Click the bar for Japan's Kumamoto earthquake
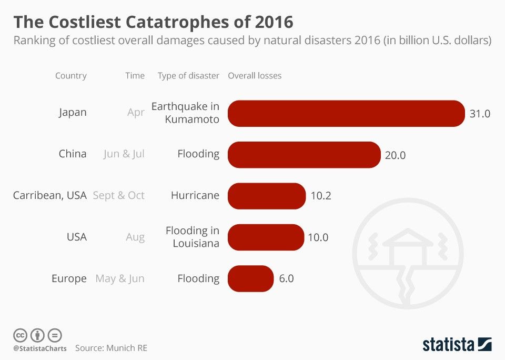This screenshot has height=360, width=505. [x=346, y=113]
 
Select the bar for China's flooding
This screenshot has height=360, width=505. [x=304, y=155]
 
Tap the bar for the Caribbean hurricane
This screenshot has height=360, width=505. [x=266, y=196]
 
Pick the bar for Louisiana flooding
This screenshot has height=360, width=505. [x=266, y=237]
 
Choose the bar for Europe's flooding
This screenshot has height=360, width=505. [x=250, y=278]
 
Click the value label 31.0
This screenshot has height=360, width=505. [x=480, y=113]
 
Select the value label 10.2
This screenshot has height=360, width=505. [x=321, y=196]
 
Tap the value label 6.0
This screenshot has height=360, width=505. [x=286, y=278]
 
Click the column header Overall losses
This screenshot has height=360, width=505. [x=255, y=76]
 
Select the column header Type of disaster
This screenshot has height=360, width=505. [x=188, y=76]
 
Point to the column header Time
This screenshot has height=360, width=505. [x=135, y=76]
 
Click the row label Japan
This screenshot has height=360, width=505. [x=73, y=113]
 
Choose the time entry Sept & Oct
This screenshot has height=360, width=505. [x=118, y=195]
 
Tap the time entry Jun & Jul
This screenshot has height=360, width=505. [x=124, y=154]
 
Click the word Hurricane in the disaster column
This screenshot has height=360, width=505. [x=195, y=195]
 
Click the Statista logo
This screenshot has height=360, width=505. [x=457, y=345]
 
